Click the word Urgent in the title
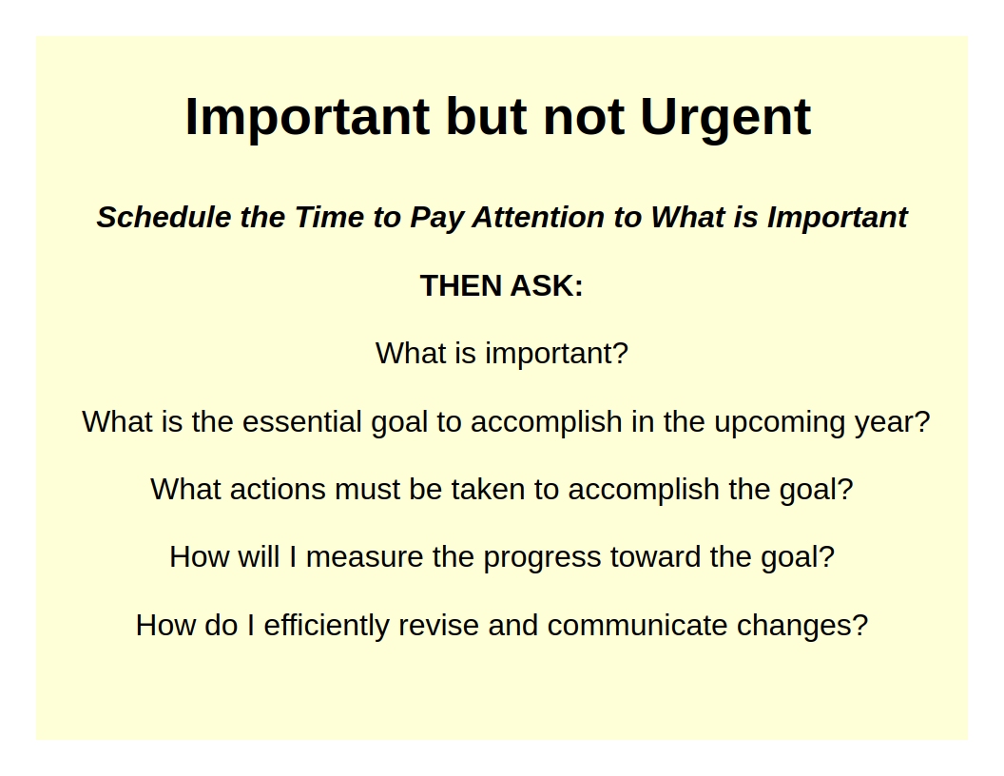coord(726,119)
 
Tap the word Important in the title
coord(307,117)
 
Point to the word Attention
coord(538,217)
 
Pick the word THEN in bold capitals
coord(460,285)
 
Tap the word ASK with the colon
coord(547,285)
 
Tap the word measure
coord(364,557)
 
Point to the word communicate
coord(637,626)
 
